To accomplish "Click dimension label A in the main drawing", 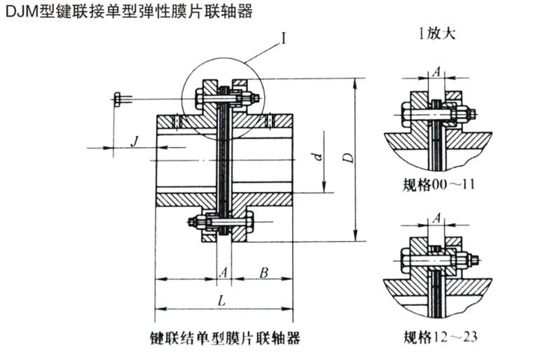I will (223, 272).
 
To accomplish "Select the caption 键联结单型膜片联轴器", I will (225, 338).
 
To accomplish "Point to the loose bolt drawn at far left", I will (123, 99).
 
